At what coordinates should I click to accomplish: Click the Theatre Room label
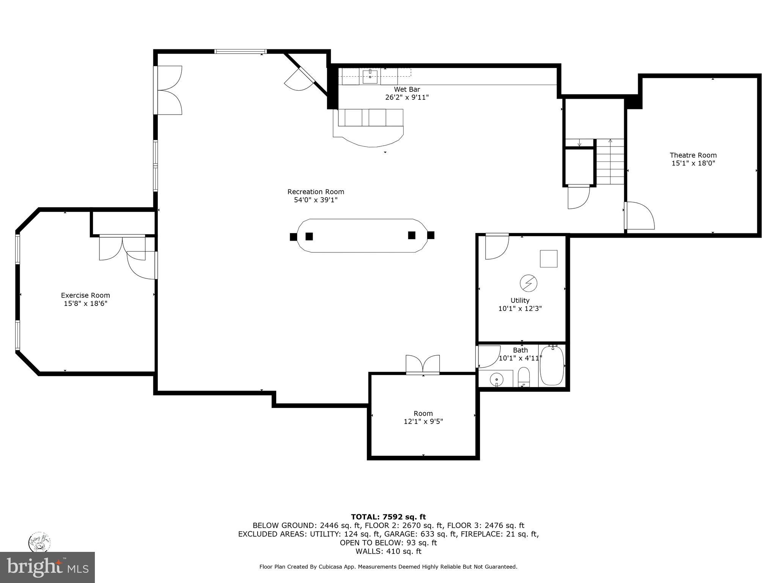[693, 155]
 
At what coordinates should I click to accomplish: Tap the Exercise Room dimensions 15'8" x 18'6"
[85, 304]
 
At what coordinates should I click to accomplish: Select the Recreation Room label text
[316, 192]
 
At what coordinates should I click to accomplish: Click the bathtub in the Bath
[552, 365]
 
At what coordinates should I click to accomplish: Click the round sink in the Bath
[496, 379]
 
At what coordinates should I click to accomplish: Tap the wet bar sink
[370, 76]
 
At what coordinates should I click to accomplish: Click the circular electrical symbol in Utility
[528, 283]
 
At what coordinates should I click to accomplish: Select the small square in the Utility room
[549, 259]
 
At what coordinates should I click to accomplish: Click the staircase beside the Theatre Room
[610, 162]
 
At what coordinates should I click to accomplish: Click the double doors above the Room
[423, 364]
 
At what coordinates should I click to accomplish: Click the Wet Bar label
[407, 90]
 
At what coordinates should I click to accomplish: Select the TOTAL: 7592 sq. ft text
[388, 517]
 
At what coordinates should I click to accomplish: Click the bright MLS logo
[47, 567]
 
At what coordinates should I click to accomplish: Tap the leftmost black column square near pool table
[293, 237]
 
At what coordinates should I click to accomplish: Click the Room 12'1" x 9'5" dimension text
[423, 422]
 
